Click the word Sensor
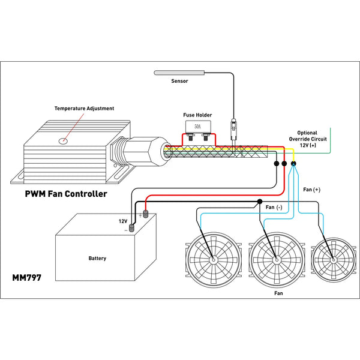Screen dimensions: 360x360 point(179,81)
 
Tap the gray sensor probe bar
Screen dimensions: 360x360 point(179,73)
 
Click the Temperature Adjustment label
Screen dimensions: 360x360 point(84,109)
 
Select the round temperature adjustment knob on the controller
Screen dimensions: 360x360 point(62,141)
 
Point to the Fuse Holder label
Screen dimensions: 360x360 point(197,115)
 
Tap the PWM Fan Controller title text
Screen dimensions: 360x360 point(66,194)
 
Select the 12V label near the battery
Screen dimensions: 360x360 point(123,221)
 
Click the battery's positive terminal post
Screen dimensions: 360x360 point(145,214)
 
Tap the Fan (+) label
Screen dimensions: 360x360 point(312,189)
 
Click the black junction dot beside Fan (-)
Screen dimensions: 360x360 point(259,202)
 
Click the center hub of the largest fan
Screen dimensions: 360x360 point(276,260)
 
